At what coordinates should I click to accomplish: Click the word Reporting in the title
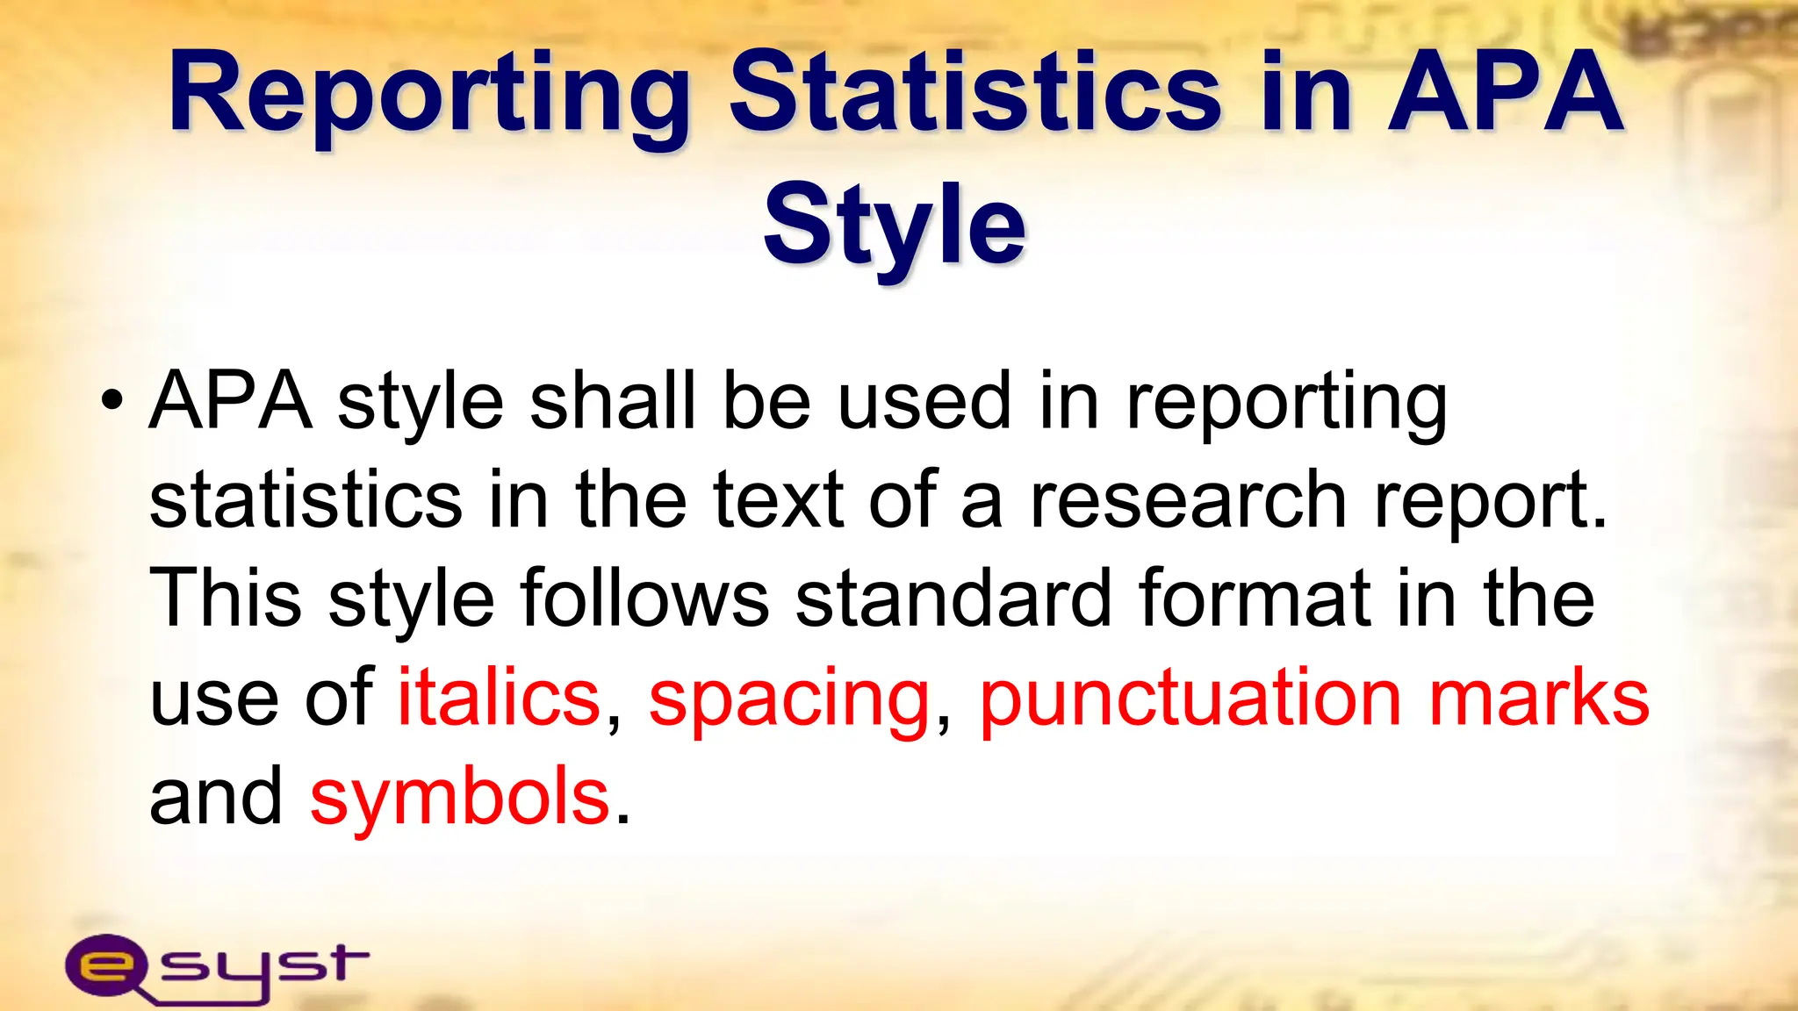pyautogui.click(x=429, y=95)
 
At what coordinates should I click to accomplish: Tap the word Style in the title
pyautogui.click(x=894, y=226)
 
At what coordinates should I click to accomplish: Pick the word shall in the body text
pyautogui.click(x=612, y=401)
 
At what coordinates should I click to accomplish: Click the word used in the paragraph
pyautogui.click(x=924, y=401)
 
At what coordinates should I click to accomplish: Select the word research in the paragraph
pyautogui.click(x=1187, y=500)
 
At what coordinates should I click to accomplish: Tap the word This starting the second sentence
pyautogui.click(x=226, y=599)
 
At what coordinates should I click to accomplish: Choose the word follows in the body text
pyautogui.click(x=644, y=599)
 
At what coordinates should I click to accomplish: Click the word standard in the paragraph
pyautogui.click(x=953, y=599)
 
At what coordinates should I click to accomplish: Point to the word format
pyautogui.click(x=1255, y=599)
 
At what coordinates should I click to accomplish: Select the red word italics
pyautogui.click(x=499, y=698)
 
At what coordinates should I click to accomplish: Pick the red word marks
pyautogui.click(x=1539, y=698)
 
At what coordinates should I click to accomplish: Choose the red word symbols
pyautogui.click(x=459, y=797)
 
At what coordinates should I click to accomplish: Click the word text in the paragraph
pyautogui.click(x=779, y=500)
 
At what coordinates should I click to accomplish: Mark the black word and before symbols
pyautogui.click(x=215, y=797)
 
